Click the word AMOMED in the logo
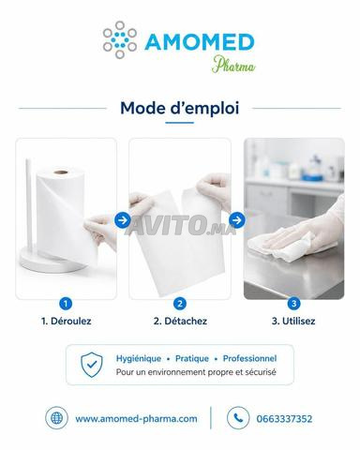click(x=200, y=42)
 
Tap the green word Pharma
click(x=233, y=65)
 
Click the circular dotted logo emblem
click(x=120, y=39)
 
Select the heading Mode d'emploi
click(x=180, y=108)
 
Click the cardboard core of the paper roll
click(x=61, y=172)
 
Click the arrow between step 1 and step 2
click(x=123, y=220)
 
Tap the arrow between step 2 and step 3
click(x=237, y=220)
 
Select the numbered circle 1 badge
click(x=66, y=304)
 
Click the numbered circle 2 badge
click(x=180, y=304)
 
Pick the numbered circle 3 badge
click(x=293, y=304)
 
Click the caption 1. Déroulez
click(x=67, y=321)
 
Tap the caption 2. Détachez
click(x=180, y=321)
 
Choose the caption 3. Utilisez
click(x=293, y=321)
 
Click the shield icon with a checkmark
click(x=91, y=365)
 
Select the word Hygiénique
click(x=139, y=358)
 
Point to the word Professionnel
click(x=249, y=358)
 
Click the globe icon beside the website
click(x=56, y=418)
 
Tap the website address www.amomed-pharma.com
click(x=136, y=419)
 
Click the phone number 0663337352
click(x=284, y=419)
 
